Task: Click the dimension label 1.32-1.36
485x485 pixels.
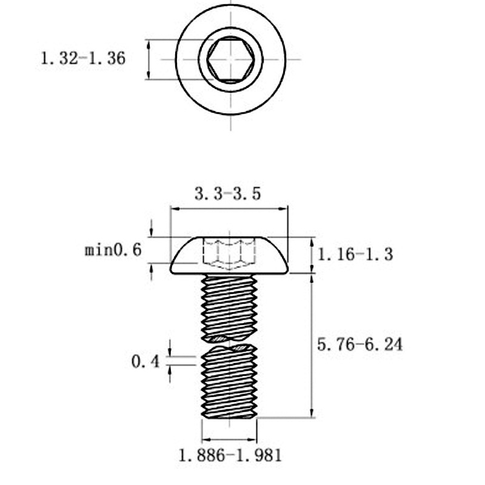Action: coord(83,58)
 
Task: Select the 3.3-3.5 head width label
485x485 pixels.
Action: coord(228,194)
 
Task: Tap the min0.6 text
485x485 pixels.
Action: coord(113,250)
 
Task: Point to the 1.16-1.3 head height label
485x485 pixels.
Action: coord(355,255)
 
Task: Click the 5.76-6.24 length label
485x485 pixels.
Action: coord(360,344)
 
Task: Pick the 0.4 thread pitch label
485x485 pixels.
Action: coord(145,361)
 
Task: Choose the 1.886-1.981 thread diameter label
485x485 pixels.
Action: coord(230,455)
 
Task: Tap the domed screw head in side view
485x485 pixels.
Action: coord(229,255)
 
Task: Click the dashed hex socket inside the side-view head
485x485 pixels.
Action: coord(229,253)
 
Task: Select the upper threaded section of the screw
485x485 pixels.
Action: coord(229,308)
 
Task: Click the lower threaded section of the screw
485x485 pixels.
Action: coord(229,382)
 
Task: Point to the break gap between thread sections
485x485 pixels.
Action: coord(229,343)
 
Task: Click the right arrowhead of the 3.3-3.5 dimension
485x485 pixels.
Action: coord(283,209)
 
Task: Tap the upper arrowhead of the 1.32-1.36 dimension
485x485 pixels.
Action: coord(149,44)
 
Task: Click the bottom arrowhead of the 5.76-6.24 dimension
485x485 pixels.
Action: coord(312,413)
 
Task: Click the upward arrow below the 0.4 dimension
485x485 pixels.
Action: coord(170,373)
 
